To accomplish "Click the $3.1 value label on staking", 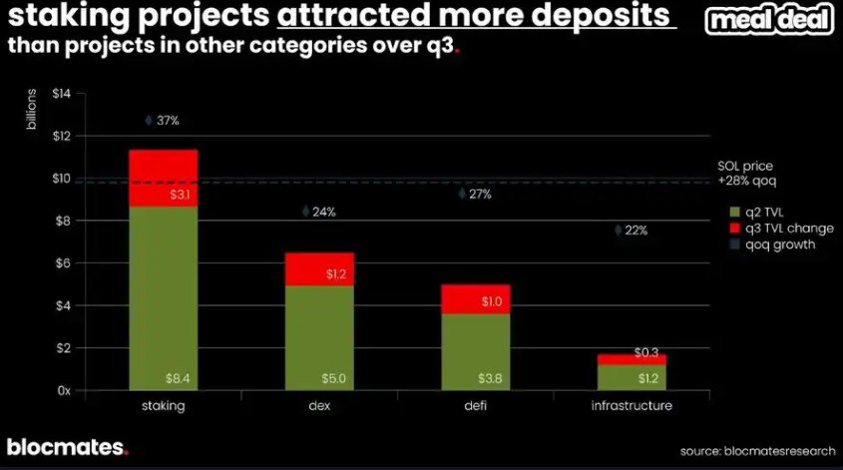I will (x=180, y=196).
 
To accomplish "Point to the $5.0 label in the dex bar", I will (x=335, y=379).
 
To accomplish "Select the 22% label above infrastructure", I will (x=635, y=231).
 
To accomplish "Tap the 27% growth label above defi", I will (x=479, y=195).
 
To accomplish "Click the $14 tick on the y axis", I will (x=62, y=94).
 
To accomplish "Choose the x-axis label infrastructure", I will (x=632, y=406).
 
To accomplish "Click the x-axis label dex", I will (x=318, y=406).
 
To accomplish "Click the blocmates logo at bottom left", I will (x=67, y=447).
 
